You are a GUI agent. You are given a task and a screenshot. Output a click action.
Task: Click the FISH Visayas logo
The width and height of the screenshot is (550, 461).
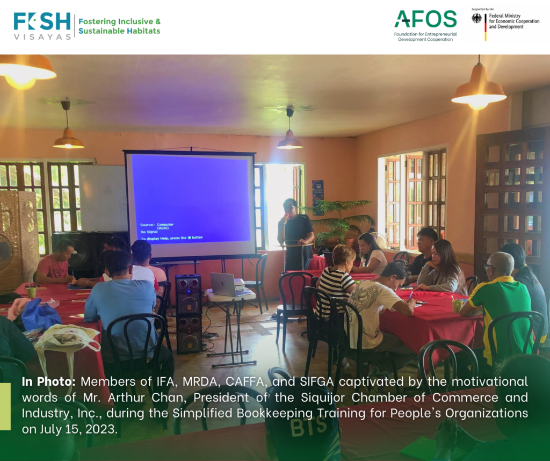[x=42, y=26]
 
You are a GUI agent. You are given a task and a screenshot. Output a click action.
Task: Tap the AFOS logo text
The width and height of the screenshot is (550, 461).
[x=425, y=19]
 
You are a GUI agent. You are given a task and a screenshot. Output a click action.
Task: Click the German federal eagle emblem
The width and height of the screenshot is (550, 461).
[x=476, y=18]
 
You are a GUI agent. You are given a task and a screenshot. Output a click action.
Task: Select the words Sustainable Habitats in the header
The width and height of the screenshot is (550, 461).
[x=119, y=31]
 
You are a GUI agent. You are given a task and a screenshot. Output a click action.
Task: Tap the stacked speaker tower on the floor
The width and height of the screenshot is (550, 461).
[x=189, y=313]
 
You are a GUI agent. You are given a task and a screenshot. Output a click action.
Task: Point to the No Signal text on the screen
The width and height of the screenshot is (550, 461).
[x=149, y=232]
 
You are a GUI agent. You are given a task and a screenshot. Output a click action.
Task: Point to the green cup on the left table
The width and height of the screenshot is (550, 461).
[x=31, y=292]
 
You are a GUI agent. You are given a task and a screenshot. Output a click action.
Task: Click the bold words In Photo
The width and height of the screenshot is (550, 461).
[x=48, y=381]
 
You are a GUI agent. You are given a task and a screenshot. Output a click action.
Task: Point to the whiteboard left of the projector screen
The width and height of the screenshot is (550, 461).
[x=103, y=198]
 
